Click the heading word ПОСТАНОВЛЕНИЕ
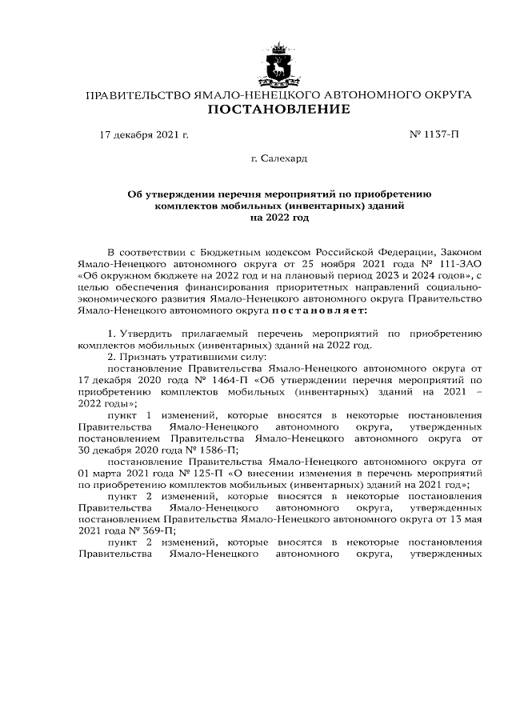click(x=278, y=110)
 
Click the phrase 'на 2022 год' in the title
click(x=278, y=216)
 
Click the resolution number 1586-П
click(x=214, y=450)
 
